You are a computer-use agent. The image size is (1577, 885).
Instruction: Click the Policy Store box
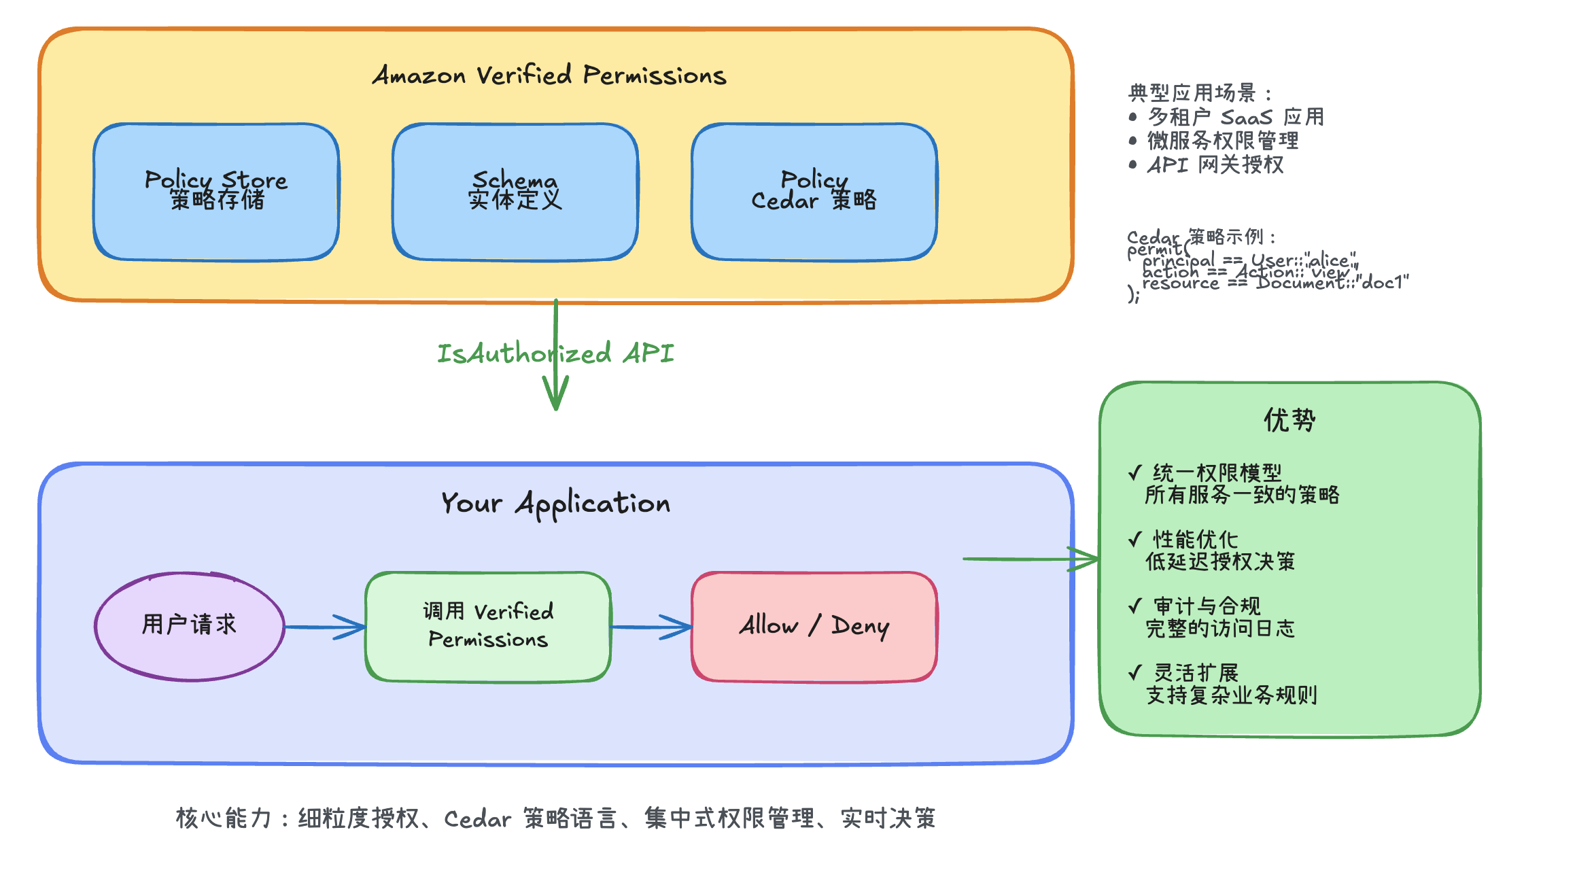click(x=216, y=192)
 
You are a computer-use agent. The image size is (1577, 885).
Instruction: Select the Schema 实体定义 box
click(x=515, y=192)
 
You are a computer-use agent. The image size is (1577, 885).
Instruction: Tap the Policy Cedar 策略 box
click(x=814, y=192)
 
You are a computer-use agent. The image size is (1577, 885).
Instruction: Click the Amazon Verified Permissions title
click(x=549, y=75)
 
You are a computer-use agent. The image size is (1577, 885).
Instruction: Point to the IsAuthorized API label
click(x=555, y=353)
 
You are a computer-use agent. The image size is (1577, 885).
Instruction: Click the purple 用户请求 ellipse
click(x=190, y=625)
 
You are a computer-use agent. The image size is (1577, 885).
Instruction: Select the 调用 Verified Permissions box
click(x=488, y=626)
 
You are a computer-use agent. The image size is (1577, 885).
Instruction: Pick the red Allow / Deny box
click(x=814, y=626)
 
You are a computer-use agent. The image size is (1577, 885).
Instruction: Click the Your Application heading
click(x=555, y=504)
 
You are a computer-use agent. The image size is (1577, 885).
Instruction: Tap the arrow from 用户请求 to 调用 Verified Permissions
click(x=325, y=627)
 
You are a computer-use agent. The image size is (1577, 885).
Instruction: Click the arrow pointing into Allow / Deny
click(x=651, y=627)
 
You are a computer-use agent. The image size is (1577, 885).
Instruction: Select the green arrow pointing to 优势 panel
click(x=1030, y=559)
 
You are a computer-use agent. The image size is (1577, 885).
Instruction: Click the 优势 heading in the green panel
click(x=1289, y=420)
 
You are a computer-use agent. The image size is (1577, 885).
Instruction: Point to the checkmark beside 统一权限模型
click(x=1134, y=472)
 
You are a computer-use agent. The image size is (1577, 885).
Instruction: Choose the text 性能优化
click(x=1196, y=540)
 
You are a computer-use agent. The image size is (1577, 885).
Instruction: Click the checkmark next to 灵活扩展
click(x=1134, y=673)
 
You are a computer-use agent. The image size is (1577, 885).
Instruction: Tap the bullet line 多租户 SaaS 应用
click(x=1236, y=117)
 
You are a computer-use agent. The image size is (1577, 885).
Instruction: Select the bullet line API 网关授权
click(x=1215, y=164)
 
